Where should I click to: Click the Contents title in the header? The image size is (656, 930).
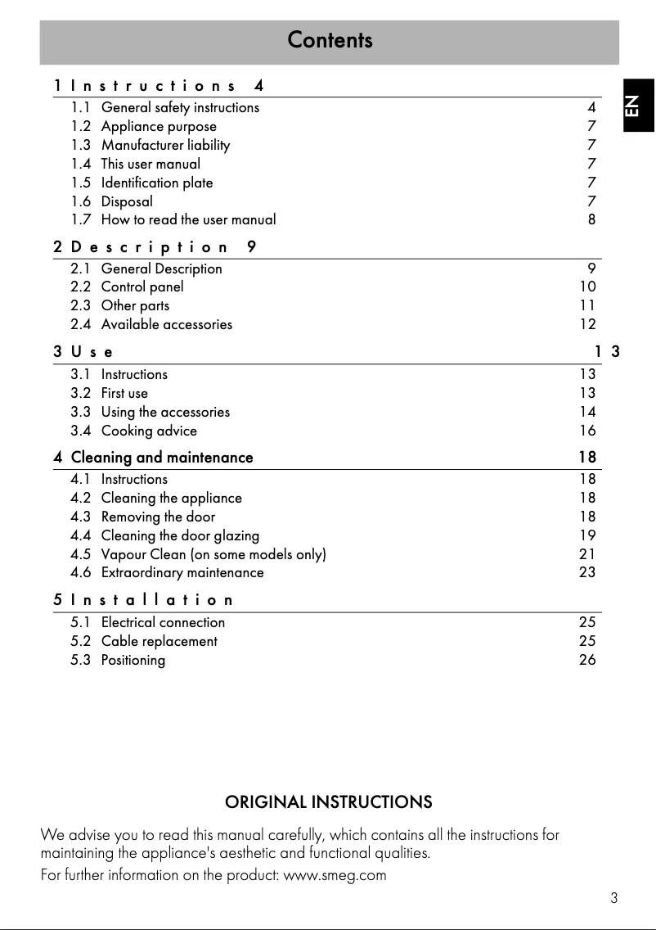[330, 40]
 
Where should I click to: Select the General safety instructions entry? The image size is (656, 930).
[180, 107]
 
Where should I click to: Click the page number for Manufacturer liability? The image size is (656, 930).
[591, 145]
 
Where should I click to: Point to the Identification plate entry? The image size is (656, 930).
[156, 183]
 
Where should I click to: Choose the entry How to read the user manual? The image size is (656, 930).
[188, 219]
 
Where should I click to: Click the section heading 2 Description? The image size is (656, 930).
[155, 246]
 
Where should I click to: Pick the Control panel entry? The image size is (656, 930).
[142, 287]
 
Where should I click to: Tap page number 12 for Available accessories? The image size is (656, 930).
[587, 324]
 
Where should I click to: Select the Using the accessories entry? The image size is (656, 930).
[165, 412]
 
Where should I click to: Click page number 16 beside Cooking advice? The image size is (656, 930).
[587, 431]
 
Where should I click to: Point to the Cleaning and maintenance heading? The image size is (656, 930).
[161, 458]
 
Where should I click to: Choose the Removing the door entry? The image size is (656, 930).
[158, 517]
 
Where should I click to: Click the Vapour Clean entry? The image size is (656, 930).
[213, 554]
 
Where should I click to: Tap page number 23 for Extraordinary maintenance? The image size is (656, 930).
[587, 573]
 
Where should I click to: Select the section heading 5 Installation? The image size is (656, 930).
[144, 600]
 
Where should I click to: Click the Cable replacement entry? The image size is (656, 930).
[159, 641]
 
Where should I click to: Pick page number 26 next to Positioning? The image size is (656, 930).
[587, 660]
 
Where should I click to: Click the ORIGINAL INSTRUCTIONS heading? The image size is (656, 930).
[328, 801]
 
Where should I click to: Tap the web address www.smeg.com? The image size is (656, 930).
[334, 875]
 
